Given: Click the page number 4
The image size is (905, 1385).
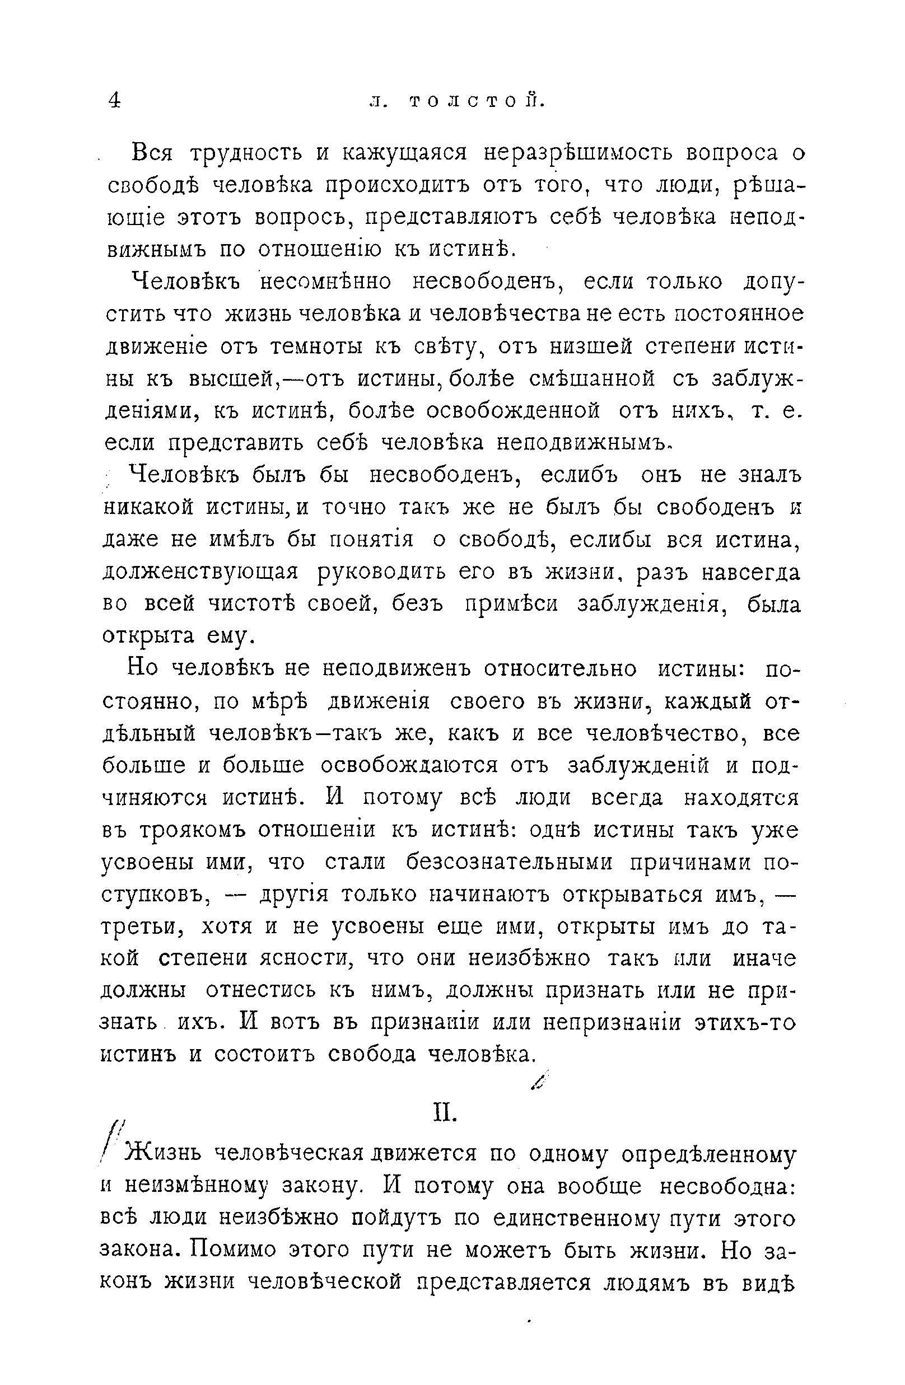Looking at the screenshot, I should coord(115,101).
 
